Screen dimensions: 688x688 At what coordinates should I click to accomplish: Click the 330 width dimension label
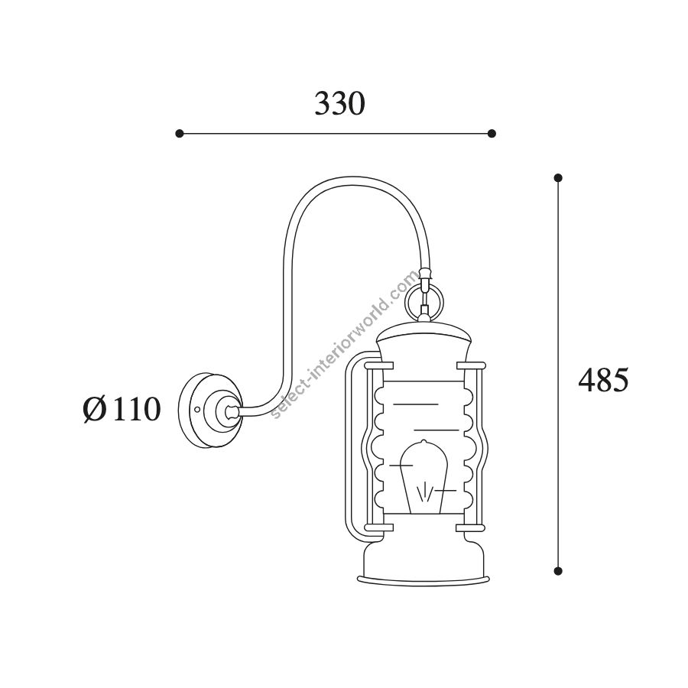tap(339, 104)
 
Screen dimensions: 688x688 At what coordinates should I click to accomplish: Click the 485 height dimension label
tap(603, 379)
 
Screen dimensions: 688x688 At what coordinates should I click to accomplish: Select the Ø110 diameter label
tap(122, 409)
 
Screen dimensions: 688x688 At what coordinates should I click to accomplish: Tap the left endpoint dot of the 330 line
tap(179, 133)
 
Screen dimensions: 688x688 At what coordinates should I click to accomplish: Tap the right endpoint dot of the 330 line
tap(492, 133)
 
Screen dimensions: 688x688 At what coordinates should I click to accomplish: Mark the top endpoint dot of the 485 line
tap(558, 177)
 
